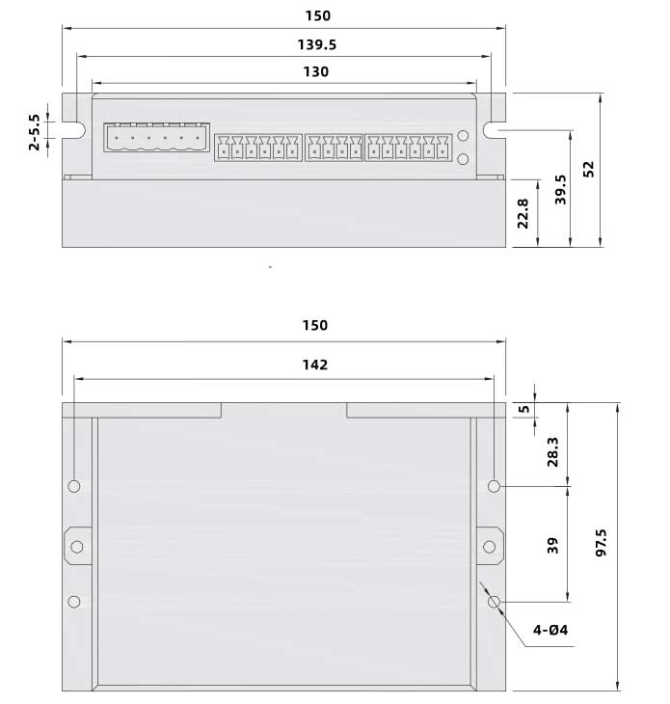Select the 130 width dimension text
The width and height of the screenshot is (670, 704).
(315, 71)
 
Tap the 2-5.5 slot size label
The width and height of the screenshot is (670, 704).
(36, 132)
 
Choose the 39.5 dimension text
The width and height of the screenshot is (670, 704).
(560, 190)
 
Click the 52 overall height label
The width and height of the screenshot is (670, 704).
(589, 168)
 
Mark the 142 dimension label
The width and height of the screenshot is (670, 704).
(314, 365)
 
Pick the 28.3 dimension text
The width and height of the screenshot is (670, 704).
(552, 450)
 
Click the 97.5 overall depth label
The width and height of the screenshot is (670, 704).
(602, 548)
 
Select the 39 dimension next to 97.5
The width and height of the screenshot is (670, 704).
(552, 546)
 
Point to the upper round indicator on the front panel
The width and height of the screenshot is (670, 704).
(463, 137)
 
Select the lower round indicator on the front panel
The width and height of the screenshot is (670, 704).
(463, 159)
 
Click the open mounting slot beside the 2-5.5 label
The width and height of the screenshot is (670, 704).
(73, 130)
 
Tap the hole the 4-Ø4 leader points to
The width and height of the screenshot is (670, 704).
(495, 602)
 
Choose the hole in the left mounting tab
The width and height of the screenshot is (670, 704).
(76, 547)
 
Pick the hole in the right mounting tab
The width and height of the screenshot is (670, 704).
(489, 547)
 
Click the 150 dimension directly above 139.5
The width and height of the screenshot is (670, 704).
(316, 15)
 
